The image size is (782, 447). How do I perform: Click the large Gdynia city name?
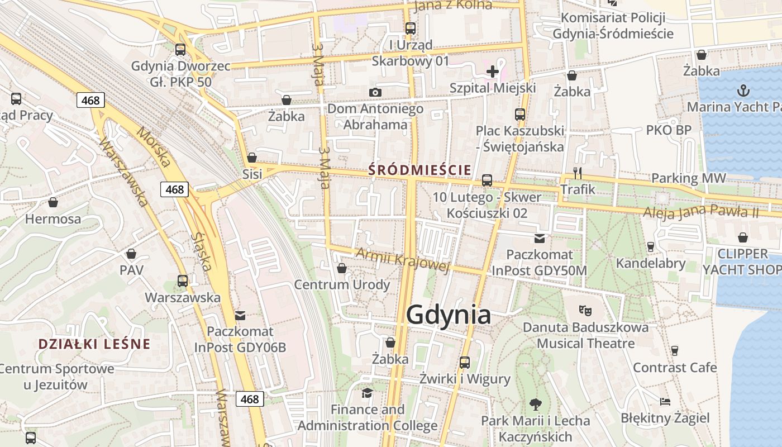pos(449,315)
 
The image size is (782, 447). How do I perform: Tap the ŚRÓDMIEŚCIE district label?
pos(419,170)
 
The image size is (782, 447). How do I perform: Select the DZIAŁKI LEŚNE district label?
pos(94,344)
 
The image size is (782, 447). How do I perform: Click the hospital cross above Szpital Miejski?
pos(492,72)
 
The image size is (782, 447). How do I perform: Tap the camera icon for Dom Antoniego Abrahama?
pos(375,92)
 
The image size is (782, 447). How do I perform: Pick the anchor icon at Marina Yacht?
pos(743,90)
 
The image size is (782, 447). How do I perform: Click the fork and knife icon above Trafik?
pos(578,173)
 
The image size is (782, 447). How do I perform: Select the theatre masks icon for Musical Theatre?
pos(585,310)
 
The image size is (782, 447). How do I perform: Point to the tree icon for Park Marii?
pos(536,403)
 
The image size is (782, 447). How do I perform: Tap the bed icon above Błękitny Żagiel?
pos(665,401)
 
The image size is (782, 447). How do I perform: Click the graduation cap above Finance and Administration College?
pos(367,393)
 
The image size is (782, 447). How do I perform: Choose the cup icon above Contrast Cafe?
pos(675,351)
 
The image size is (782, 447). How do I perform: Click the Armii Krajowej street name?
pos(402,259)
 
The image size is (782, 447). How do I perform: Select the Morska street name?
pos(153,147)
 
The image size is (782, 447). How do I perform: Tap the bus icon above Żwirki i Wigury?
pos(465,362)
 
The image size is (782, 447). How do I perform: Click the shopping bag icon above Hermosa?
pos(53,202)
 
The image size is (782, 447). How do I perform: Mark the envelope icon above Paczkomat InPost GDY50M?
pos(539,239)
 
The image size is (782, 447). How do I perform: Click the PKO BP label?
pos(669,130)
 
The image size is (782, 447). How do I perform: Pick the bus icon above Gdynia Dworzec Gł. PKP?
pos(180,49)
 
